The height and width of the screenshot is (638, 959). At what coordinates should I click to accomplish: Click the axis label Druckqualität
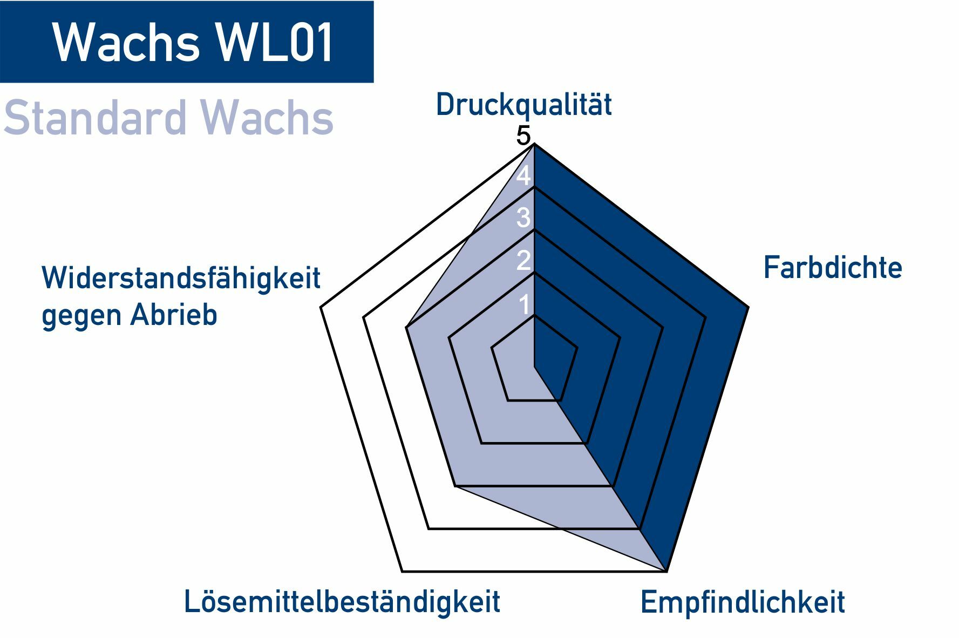[523, 105]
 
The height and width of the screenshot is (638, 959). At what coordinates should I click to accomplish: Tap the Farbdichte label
[832, 268]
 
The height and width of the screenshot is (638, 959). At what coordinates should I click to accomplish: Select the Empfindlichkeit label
[742, 602]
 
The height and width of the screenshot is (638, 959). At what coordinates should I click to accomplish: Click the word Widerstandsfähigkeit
[181, 279]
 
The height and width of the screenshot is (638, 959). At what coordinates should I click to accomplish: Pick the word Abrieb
[173, 314]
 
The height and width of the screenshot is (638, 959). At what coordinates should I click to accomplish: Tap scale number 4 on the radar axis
[523, 177]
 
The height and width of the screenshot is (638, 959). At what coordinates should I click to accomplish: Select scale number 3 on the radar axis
[523, 218]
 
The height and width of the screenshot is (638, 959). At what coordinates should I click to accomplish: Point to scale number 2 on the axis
[523, 261]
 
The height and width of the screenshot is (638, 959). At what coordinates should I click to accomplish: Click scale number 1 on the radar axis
[525, 306]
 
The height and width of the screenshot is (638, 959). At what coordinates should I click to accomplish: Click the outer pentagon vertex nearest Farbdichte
[748, 307]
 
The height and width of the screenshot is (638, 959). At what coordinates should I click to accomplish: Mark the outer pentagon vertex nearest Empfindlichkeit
[667, 571]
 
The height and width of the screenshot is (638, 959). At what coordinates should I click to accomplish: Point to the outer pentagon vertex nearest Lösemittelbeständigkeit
[402, 571]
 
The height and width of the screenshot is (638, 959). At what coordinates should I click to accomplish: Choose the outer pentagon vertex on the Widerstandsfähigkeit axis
[321, 308]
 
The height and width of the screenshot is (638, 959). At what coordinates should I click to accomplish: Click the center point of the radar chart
[534, 368]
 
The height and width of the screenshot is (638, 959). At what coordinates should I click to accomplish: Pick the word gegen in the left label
[81, 315]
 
